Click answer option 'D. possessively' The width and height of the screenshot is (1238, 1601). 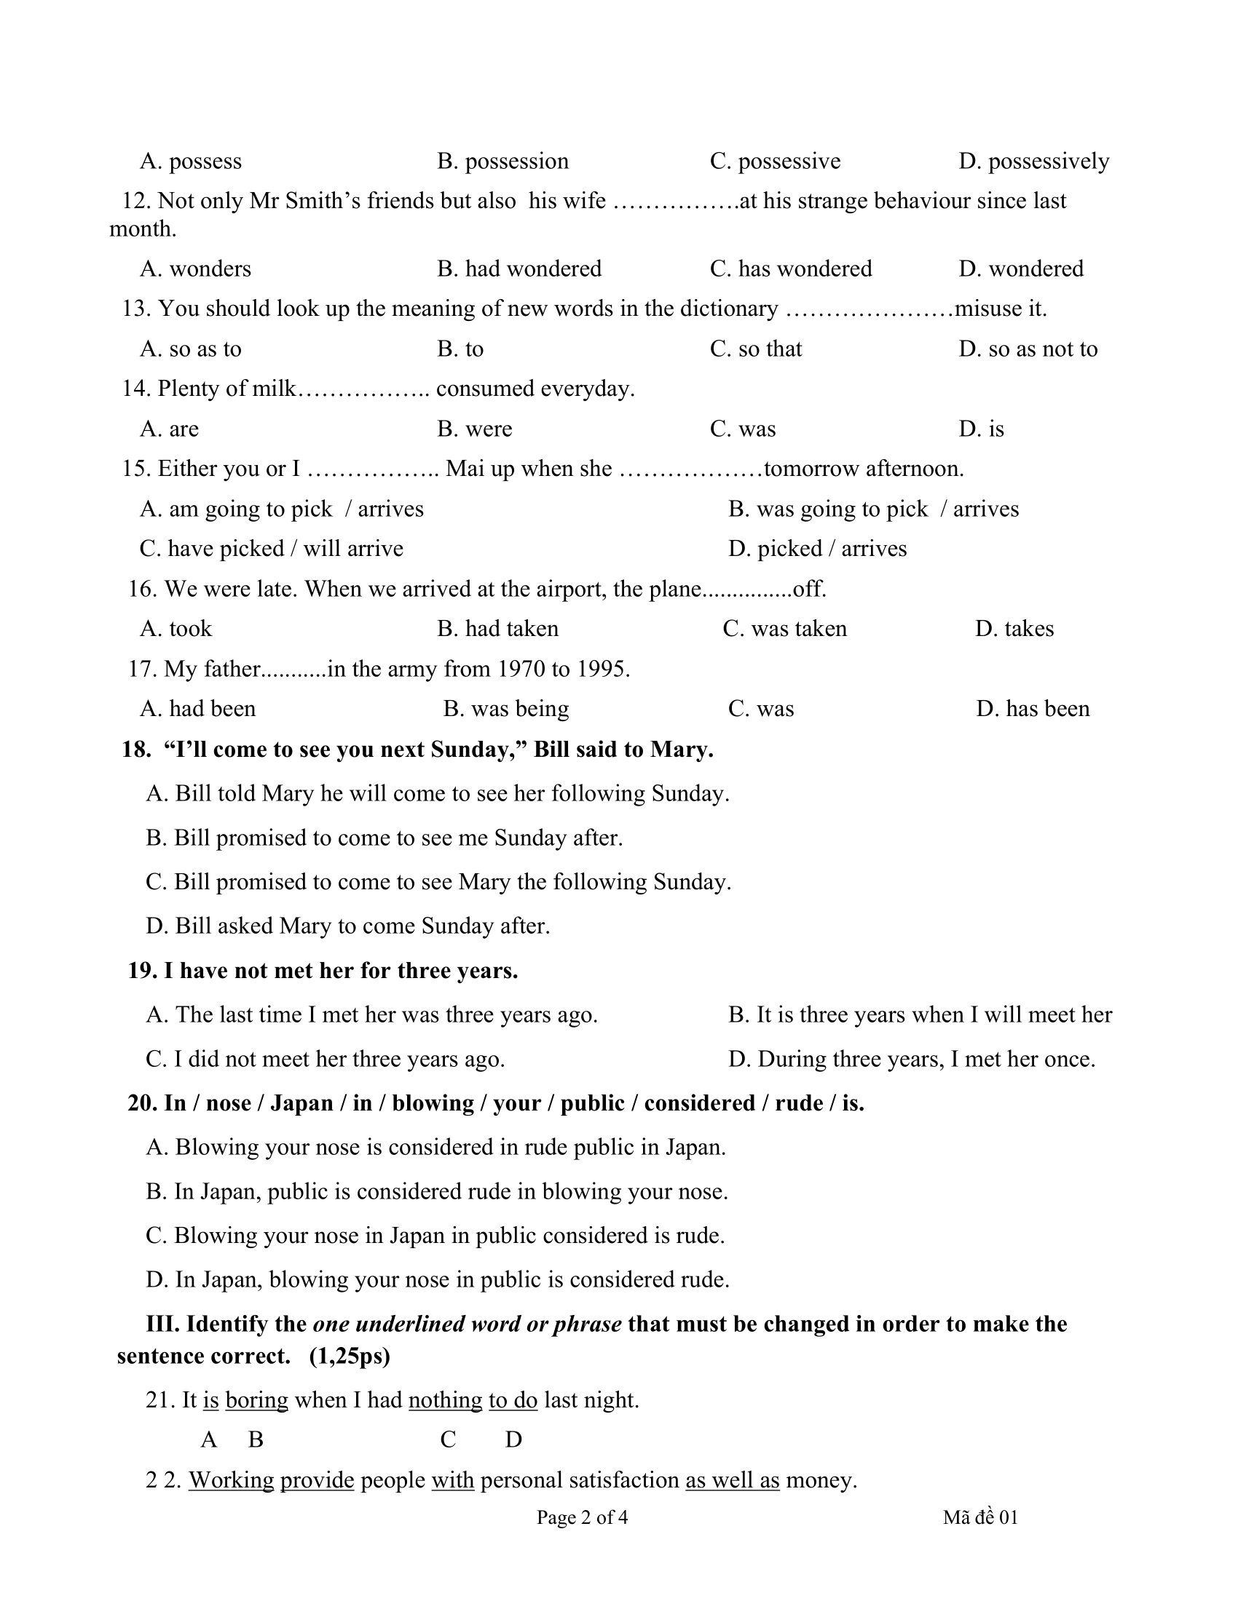click(1033, 162)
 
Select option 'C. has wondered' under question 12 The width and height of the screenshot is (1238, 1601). click(791, 269)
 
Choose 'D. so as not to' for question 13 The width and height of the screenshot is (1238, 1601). click(1028, 349)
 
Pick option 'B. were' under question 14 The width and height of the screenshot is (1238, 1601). click(475, 429)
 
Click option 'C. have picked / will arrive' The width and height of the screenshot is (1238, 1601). click(272, 549)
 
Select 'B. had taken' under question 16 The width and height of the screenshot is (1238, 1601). click(498, 629)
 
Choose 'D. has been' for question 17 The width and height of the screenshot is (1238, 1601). click(1033, 709)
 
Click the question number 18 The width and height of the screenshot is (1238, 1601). click(135, 750)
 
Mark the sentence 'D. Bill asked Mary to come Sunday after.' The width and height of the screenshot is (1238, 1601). click(347, 926)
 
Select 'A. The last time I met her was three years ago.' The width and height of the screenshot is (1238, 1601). click(372, 1015)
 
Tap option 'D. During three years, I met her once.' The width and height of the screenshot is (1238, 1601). click(912, 1060)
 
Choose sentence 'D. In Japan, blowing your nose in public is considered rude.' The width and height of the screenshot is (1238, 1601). click(438, 1280)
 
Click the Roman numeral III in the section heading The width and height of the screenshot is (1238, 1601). click(162, 1324)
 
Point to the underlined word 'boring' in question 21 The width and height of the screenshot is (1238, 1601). click(256, 1401)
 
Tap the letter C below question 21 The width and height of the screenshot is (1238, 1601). click(448, 1440)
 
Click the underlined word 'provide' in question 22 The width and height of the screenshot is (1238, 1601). click(317, 1481)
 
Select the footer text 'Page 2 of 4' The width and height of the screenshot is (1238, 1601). click(582, 1517)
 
